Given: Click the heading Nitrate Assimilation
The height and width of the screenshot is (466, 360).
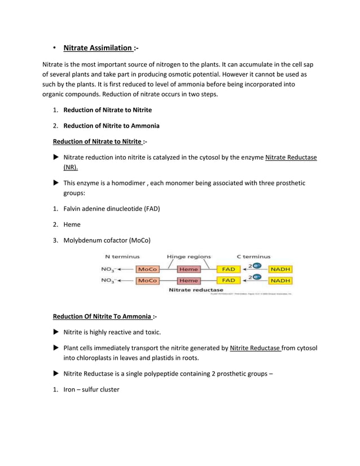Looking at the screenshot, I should pos(98,48).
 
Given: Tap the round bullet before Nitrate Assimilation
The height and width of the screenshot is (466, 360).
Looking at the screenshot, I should pos(55,48).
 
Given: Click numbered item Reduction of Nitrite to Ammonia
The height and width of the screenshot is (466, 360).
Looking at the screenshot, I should pos(111,126).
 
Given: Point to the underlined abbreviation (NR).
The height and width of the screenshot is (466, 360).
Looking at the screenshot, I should pos(71,168).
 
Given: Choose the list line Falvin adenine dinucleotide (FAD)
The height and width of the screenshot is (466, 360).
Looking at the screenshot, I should pos(112,209).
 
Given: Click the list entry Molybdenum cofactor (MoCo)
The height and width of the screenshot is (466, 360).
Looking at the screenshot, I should pos(107,240).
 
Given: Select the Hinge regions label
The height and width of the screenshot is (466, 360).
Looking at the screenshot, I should pos(188,257).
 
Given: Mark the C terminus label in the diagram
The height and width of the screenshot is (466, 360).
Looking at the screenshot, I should pos(253,257).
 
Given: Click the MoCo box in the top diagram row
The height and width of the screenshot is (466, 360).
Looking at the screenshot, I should pos(147,270).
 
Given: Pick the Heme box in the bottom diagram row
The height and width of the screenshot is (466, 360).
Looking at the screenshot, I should pos(188,280).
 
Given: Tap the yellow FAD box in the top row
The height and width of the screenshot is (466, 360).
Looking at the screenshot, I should pos(228,270).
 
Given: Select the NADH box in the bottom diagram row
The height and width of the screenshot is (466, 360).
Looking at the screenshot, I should pos(280,280).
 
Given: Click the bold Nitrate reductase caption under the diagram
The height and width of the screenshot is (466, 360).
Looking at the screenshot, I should pos(196,290).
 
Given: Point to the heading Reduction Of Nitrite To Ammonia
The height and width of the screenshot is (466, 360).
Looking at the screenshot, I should pos(102,316).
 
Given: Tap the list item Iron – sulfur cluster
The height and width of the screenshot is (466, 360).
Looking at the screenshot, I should pos(91,389).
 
